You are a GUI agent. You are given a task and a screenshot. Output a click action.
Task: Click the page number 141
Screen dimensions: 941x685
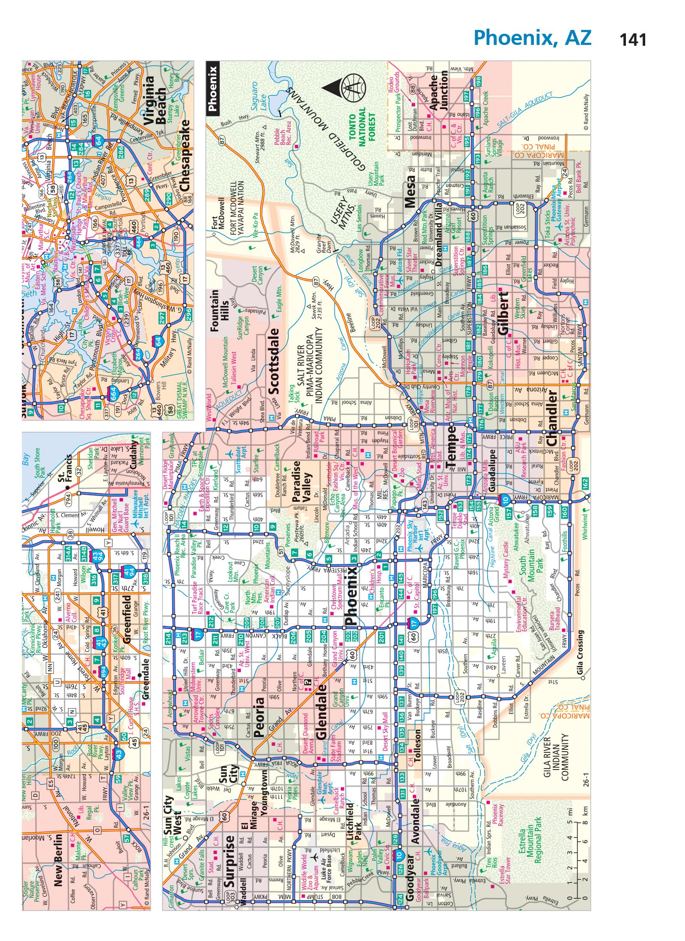[x=633, y=40]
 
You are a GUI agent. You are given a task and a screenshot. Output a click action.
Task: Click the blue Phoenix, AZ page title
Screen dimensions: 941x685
[x=533, y=38]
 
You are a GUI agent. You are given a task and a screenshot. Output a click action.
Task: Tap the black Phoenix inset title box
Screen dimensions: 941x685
[x=213, y=89]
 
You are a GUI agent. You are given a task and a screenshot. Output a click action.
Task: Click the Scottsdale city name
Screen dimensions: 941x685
[x=273, y=361]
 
